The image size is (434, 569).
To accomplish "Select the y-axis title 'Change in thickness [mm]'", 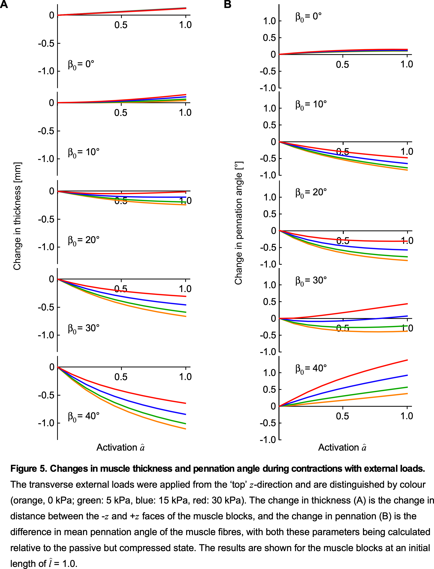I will click(x=17, y=216).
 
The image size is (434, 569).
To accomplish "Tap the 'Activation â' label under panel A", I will click(x=120, y=447).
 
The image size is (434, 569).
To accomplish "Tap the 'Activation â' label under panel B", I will click(x=342, y=447).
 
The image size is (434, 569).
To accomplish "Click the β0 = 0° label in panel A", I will click(x=81, y=64).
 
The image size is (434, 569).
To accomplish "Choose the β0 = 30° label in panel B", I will click(x=311, y=280).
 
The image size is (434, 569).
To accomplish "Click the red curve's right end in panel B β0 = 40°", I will click(x=407, y=360).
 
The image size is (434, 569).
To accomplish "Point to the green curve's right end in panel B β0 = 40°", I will click(x=407, y=387).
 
